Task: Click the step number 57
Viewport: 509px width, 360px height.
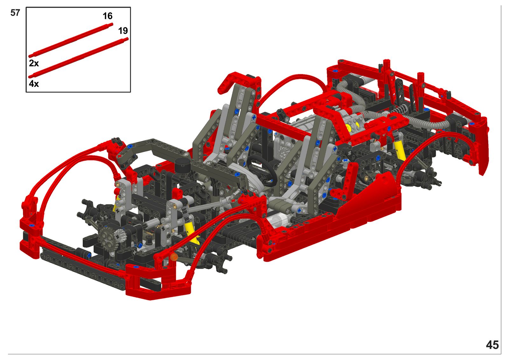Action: click(15, 13)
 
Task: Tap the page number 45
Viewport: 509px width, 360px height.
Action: click(492, 345)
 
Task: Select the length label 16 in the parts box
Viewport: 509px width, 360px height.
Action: click(108, 16)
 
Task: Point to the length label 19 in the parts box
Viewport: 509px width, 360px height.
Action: click(123, 31)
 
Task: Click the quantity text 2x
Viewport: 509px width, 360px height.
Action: click(34, 63)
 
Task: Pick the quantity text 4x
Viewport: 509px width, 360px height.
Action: click(34, 84)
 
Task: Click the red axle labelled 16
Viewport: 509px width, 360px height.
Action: click(71, 40)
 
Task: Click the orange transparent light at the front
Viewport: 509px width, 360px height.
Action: click(174, 257)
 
